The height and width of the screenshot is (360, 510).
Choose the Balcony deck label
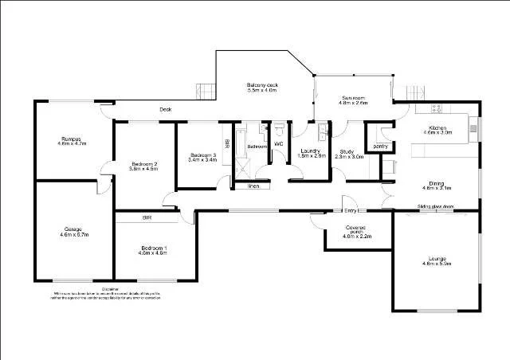(261, 88)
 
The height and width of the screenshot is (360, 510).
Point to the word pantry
(380, 146)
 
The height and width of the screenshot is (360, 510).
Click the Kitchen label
(440, 130)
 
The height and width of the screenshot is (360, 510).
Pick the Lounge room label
(437, 260)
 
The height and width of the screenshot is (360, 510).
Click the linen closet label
(253, 186)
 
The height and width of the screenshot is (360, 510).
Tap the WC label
(279, 143)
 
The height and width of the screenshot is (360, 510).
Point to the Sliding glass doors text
(436, 206)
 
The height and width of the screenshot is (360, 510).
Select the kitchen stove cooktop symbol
(437, 108)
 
